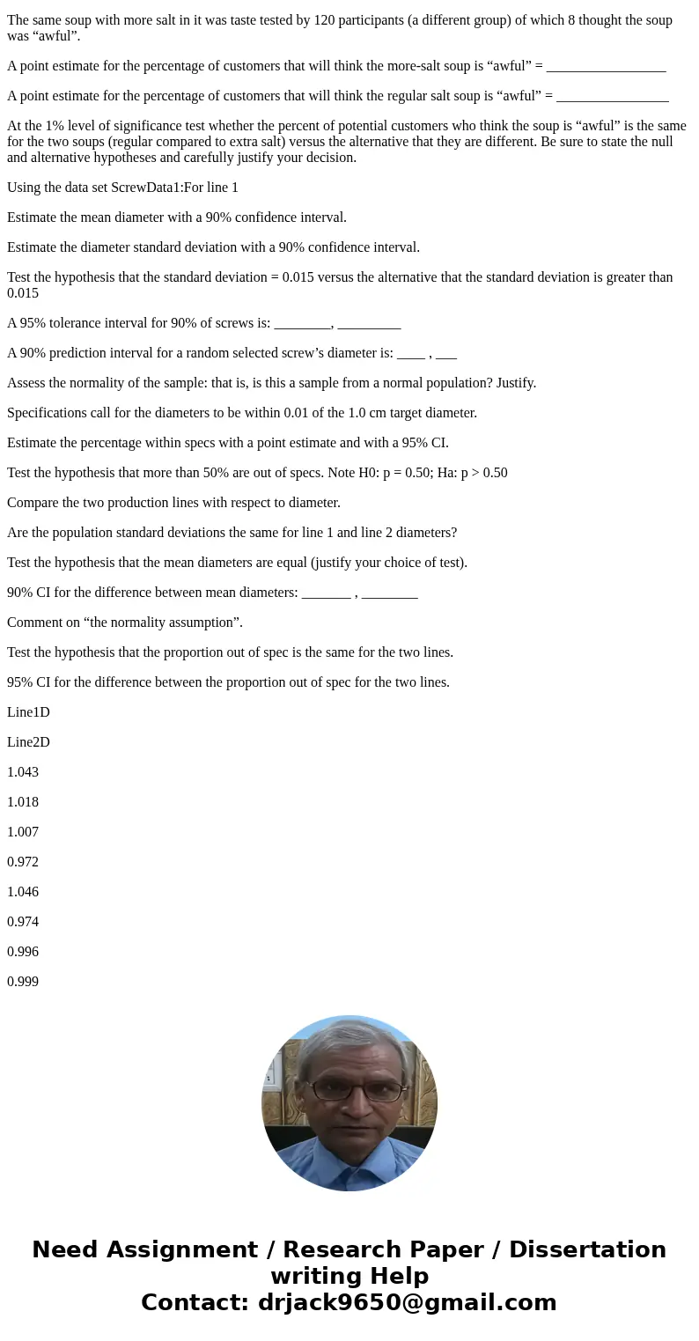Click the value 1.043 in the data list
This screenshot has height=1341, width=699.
23,772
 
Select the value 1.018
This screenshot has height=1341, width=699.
23,802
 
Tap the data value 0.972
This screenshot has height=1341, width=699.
23,862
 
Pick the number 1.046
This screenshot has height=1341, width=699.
23,892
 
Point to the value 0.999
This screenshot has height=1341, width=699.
23,982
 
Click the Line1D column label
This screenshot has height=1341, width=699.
28,712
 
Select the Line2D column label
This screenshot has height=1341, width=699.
28,742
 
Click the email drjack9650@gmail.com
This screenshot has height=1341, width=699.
407,1302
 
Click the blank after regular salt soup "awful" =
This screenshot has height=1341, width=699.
612,96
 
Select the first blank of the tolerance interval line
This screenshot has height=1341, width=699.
302,323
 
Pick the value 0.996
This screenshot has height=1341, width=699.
23,952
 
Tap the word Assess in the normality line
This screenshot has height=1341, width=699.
26,383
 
